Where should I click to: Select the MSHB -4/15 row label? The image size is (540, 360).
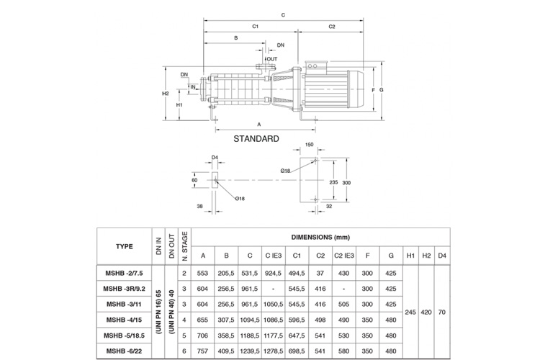tap(125, 320)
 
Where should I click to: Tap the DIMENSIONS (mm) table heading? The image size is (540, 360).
tap(320, 236)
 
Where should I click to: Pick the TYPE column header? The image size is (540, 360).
tap(124, 246)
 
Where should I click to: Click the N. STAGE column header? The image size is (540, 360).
tap(184, 246)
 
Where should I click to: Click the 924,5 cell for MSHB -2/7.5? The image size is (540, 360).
tap(274, 274)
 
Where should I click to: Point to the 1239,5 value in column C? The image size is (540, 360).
tap(250, 351)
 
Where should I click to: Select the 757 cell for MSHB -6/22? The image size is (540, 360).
tap(203, 351)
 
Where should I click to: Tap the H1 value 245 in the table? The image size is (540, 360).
tap(410, 312)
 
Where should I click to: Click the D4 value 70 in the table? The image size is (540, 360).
tap(441, 312)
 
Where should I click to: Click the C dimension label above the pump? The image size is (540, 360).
tap(283, 14)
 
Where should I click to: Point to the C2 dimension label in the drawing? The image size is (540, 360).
tap(332, 27)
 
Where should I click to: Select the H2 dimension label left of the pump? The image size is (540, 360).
tap(165, 94)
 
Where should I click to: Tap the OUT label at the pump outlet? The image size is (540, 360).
tap(271, 59)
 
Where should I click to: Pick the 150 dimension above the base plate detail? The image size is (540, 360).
tap(309, 145)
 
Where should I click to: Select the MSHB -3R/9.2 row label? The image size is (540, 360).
tap(125, 289)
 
